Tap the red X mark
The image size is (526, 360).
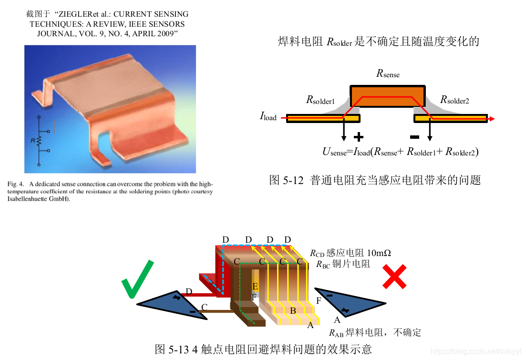coord(395,277)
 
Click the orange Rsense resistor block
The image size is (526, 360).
coord(388,96)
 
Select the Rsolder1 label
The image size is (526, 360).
coord(320,101)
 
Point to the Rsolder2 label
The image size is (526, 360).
coord(454,100)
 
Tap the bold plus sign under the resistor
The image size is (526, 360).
coord(359,137)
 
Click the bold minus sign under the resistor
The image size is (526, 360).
coord(414,137)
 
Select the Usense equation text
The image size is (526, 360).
coord(401,152)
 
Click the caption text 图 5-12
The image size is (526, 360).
coord(286,180)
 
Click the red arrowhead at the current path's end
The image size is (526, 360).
coord(491,118)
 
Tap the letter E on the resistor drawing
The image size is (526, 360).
coord(255,286)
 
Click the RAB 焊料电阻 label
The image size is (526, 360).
coord(375,332)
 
